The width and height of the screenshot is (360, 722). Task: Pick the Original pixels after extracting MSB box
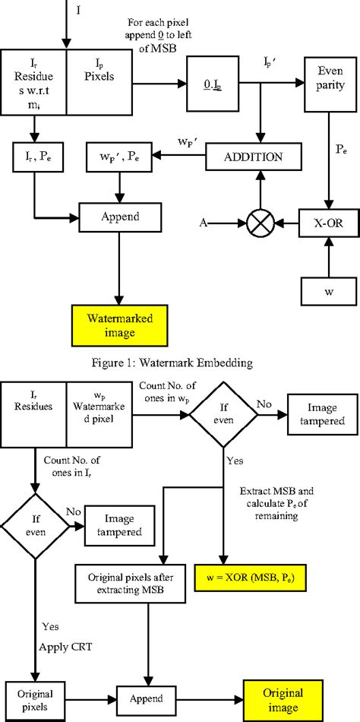pos(124,581)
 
